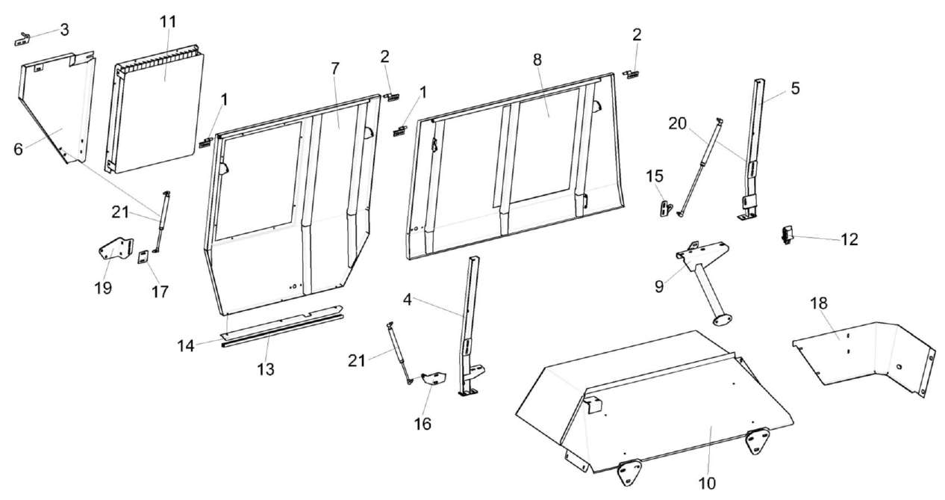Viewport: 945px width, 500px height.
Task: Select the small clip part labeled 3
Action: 25,38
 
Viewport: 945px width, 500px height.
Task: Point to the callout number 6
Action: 19,149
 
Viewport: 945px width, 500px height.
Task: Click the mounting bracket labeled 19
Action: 115,250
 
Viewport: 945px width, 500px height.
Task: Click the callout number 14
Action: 186,345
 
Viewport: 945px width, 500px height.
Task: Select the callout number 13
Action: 266,368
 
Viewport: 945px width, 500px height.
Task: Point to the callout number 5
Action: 795,88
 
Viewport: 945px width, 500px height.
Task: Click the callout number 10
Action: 707,484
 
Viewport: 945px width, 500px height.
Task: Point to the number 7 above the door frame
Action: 335,69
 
